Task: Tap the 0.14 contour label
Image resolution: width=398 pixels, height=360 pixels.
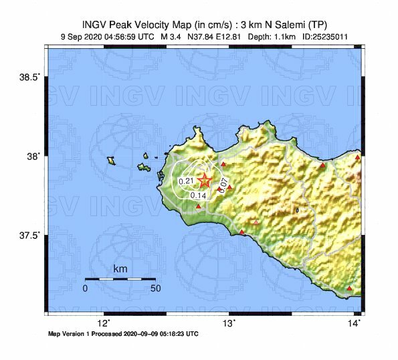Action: click(x=198, y=195)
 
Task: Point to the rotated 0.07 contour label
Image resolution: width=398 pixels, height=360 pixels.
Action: click(x=223, y=183)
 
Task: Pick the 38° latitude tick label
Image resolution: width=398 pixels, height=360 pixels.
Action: click(x=32, y=156)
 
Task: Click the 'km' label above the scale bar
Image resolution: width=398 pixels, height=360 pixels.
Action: click(x=120, y=269)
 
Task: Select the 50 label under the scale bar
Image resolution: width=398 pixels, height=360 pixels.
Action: click(x=155, y=288)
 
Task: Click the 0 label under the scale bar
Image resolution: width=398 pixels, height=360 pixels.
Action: click(x=85, y=288)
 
